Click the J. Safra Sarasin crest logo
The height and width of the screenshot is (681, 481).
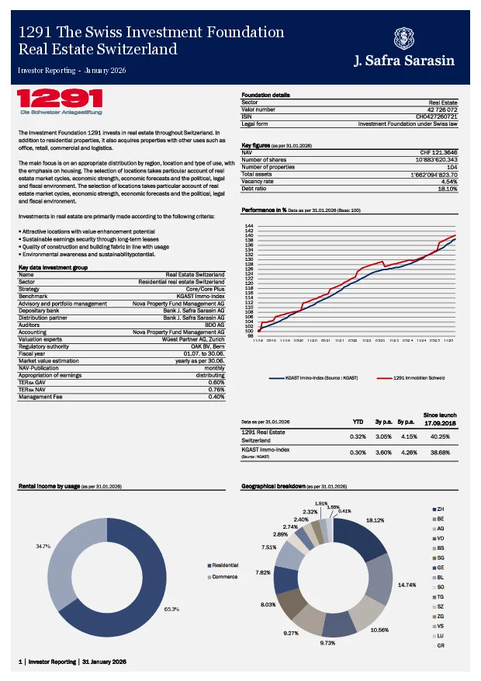(x=404, y=37)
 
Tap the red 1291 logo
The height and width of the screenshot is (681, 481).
(x=61, y=99)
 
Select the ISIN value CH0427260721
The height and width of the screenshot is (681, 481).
(x=437, y=116)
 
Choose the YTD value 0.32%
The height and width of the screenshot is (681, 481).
(x=358, y=436)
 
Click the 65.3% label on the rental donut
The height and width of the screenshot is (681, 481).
(x=171, y=610)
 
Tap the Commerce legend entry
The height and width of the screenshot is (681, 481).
(x=224, y=578)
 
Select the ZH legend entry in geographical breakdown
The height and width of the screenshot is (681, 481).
(x=440, y=508)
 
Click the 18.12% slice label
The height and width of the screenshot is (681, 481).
(x=375, y=519)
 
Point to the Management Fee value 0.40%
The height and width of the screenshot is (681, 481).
(x=216, y=397)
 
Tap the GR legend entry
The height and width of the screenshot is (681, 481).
(x=440, y=646)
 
